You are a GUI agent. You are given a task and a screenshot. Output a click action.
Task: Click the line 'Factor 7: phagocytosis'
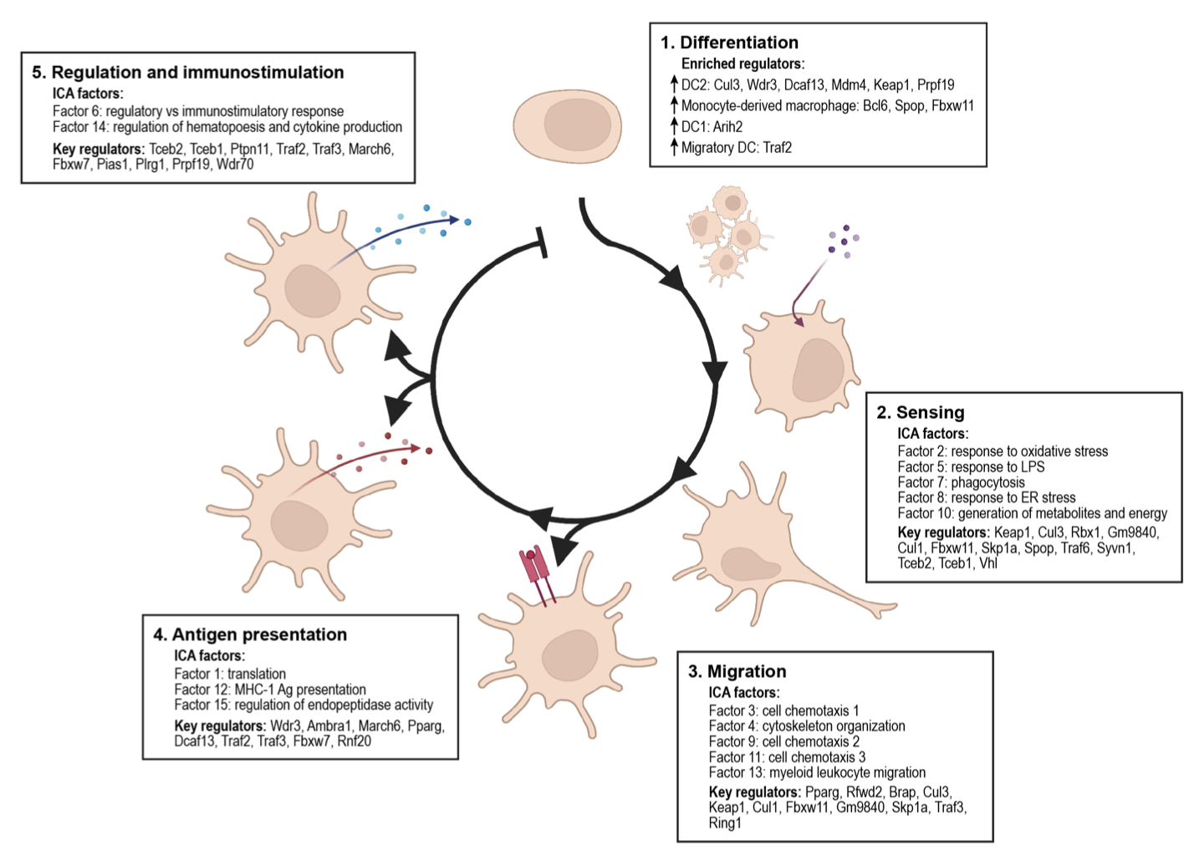[961, 482]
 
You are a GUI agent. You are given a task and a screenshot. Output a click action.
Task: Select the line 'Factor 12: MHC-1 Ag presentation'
[270, 690]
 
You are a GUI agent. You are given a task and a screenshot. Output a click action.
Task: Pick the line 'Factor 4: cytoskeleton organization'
[807, 726]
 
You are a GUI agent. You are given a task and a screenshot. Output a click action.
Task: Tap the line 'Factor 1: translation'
[230, 674]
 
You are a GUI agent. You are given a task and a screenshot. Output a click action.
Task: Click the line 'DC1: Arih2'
[712, 127]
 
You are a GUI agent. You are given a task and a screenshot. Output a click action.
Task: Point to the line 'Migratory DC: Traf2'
[736, 148]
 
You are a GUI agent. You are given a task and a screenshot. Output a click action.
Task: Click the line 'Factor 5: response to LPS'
[971, 467]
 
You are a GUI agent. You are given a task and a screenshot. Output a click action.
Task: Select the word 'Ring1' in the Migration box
[725, 823]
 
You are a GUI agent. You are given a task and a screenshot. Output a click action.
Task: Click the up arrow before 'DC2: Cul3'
[673, 84]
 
